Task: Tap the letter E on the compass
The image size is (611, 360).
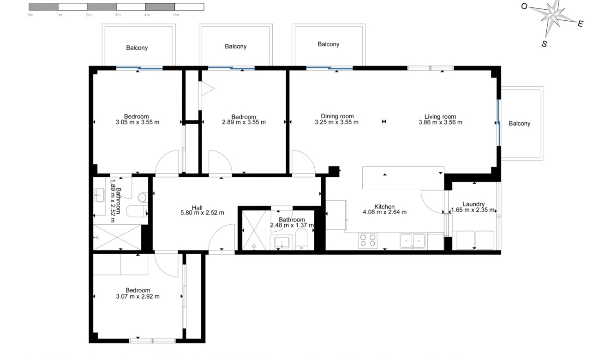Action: click(x=581, y=24)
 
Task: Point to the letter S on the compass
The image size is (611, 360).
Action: click(x=545, y=44)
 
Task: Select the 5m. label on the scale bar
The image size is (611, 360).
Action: click(x=176, y=15)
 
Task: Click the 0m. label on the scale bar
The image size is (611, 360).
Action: click(x=31, y=15)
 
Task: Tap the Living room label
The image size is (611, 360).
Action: click(x=440, y=117)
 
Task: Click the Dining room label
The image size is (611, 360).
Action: click(x=337, y=116)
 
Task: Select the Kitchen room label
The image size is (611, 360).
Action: click(x=384, y=207)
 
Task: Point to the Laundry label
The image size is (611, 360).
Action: click(x=473, y=204)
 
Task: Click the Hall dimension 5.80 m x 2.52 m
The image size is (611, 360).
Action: click(x=202, y=213)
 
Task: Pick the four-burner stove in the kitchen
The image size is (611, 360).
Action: click(x=368, y=240)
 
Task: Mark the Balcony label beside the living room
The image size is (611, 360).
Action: click(x=520, y=124)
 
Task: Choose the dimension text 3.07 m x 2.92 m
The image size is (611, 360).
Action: click(x=138, y=296)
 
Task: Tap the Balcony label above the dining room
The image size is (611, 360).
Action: click(x=329, y=44)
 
